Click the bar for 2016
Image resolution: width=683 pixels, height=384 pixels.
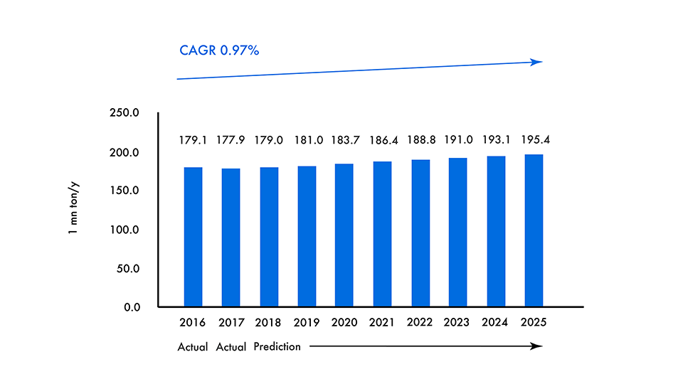pyautogui.click(x=193, y=237)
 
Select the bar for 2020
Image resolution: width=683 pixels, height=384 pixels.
pyautogui.click(x=344, y=235)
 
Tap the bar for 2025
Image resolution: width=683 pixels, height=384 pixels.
pyautogui.click(x=534, y=230)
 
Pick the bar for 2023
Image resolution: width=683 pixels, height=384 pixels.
pyautogui.click(x=457, y=233)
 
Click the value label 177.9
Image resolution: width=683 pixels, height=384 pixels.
pyautogui.click(x=231, y=140)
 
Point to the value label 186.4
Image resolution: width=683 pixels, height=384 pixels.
pyautogui.click(x=382, y=140)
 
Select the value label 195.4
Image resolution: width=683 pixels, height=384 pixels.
pyautogui.click(x=534, y=140)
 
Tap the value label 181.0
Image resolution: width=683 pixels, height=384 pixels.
pyautogui.click(x=307, y=140)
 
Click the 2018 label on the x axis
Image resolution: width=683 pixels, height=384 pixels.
pyautogui.click(x=268, y=322)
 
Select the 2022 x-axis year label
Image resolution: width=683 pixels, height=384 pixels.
pyautogui.click(x=420, y=322)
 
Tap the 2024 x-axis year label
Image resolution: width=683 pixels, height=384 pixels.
pyautogui.click(x=496, y=322)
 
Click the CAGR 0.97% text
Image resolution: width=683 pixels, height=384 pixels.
pyautogui.click(x=218, y=50)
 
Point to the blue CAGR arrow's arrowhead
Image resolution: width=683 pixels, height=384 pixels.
pyautogui.click(x=539, y=62)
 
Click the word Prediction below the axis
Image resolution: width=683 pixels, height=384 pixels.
pyautogui.click(x=277, y=347)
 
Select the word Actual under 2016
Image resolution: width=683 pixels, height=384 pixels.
pyautogui.click(x=193, y=347)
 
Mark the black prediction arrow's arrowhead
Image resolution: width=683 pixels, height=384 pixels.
pyautogui.click(x=539, y=346)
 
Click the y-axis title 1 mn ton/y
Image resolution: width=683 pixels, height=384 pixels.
pyautogui.click(x=74, y=210)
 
